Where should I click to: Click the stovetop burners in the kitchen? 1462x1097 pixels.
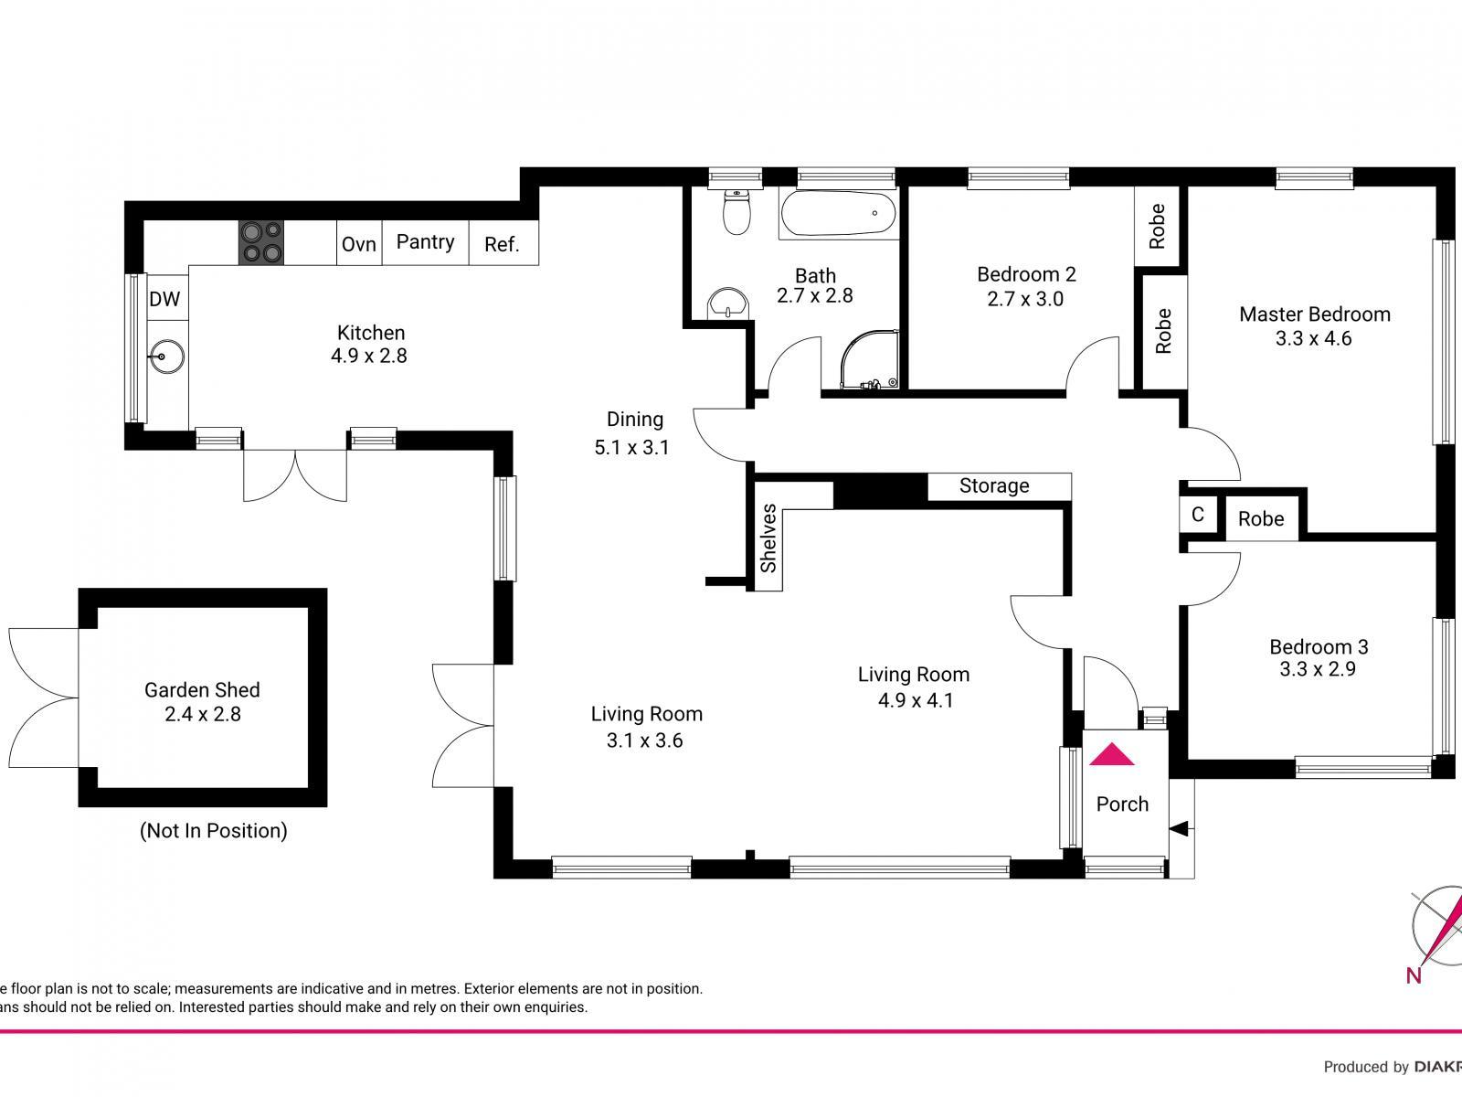click(x=261, y=242)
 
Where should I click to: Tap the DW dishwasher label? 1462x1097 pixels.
click(x=164, y=299)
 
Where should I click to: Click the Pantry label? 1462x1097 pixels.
click(x=425, y=241)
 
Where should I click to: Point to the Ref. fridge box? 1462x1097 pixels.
click(x=503, y=244)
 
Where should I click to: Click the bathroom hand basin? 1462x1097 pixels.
click(x=727, y=303)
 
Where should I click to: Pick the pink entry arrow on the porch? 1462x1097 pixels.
click(x=1111, y=754)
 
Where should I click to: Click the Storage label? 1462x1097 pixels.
click(x=994, y=485)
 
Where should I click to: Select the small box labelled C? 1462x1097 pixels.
click(x=1197, y=516)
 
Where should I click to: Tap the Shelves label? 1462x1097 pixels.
click(x=768, y=538)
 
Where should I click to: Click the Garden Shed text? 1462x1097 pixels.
click(x=202, y=690)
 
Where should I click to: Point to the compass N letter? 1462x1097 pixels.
click(x=1414, y=975)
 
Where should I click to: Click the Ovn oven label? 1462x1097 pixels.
click(x=359, y=244)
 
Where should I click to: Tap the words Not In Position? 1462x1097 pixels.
click(x=214, y=830)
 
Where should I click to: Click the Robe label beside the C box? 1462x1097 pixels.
click(x=1261, y=518)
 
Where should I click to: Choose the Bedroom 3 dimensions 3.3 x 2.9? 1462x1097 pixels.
click(x=1317, y=669)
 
